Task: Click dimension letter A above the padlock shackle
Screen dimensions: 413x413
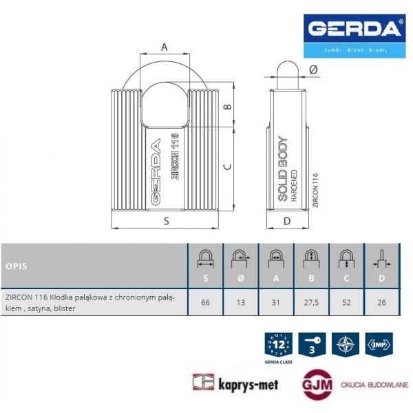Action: (165, 47)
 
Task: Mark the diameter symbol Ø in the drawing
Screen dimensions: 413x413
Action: (313, 69)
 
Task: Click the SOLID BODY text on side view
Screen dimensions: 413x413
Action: (282, 169)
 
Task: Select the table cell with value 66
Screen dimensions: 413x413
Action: (204, 301)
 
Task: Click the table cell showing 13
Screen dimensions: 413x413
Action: (240, 301)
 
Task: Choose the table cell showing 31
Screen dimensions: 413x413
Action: (275, 301)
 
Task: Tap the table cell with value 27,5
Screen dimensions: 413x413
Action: (311, 301)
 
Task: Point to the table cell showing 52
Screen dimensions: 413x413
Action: (346, 301)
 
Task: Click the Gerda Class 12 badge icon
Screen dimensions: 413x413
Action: (279, 344)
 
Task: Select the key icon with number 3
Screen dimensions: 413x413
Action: (313, 343)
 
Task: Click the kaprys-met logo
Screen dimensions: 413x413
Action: (235, 384)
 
